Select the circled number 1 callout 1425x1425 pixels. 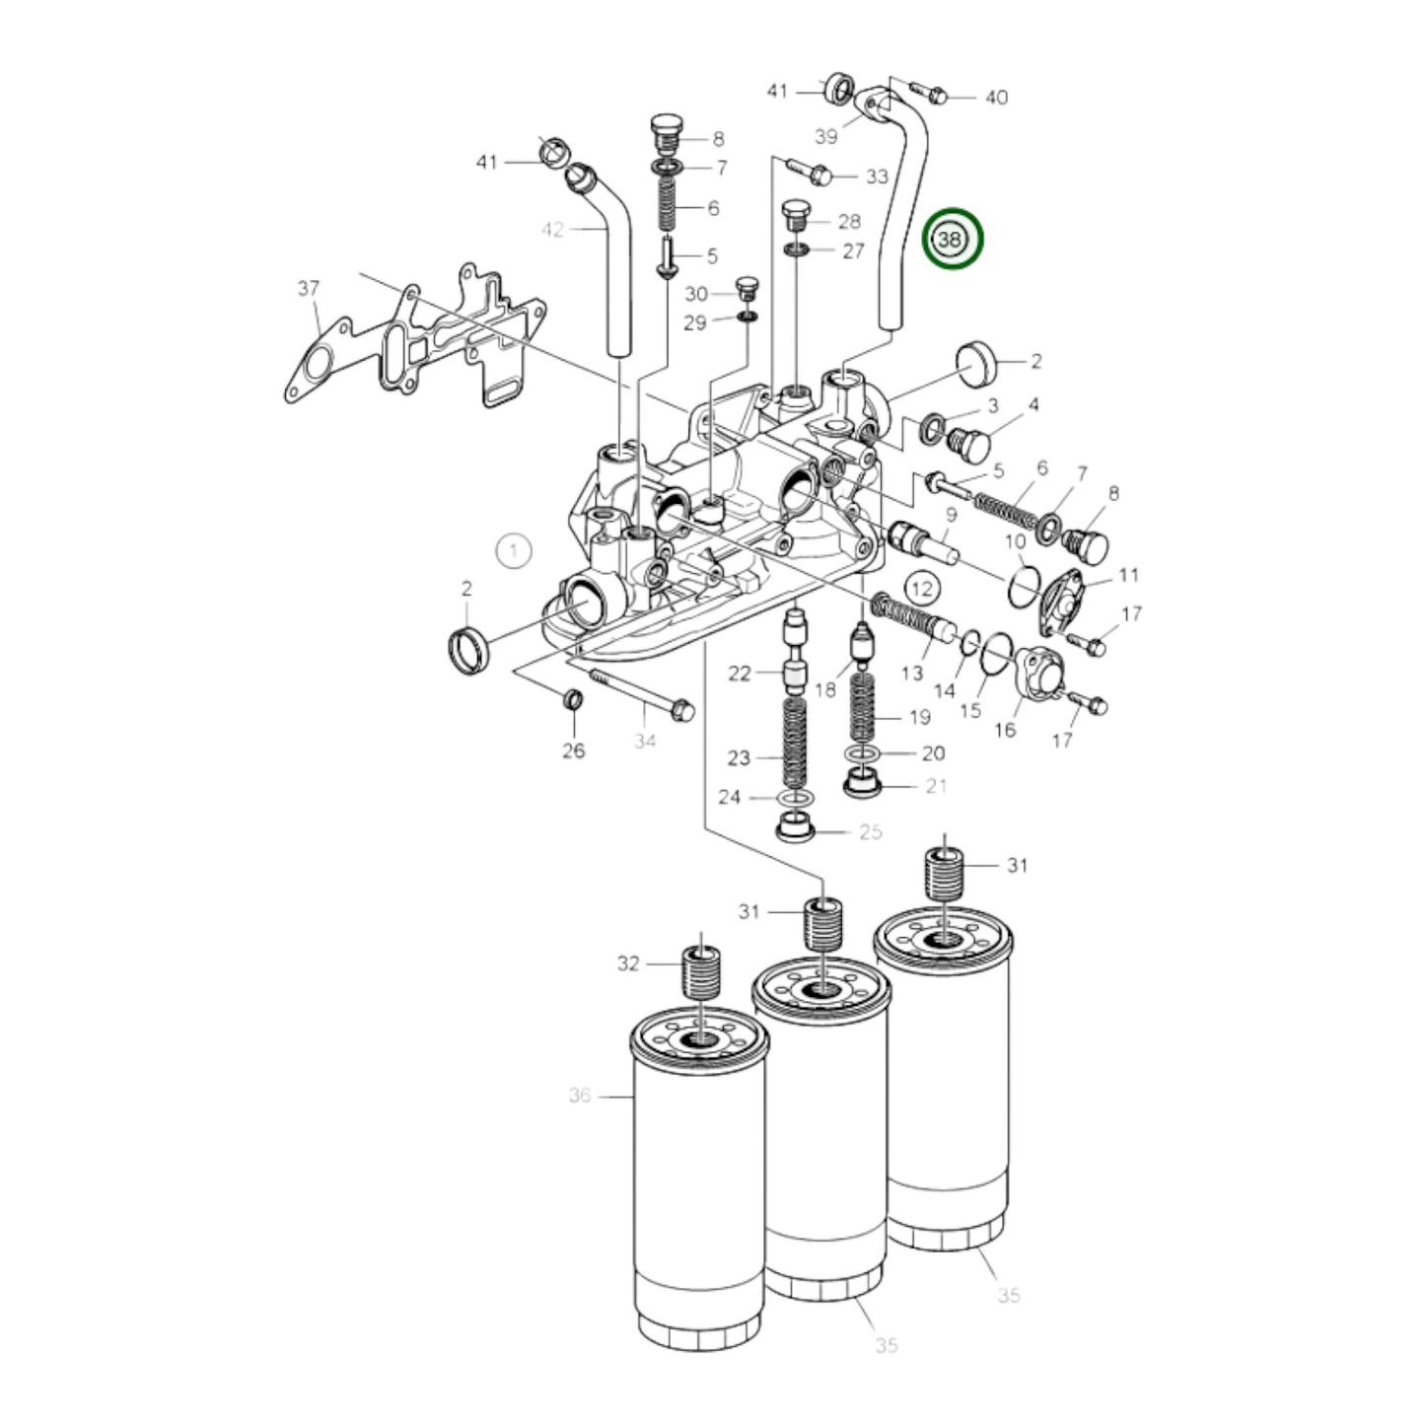coord(514,550)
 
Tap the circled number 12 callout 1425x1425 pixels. coord(921,590)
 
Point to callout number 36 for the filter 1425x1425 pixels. coord(580,1095)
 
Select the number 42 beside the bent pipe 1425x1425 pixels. coord(553,230)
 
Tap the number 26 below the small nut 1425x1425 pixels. coord(574,750)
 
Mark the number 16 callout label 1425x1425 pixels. coord(1005,731)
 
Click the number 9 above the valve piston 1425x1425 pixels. coord(951,515)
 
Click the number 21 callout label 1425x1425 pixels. coord(935,785)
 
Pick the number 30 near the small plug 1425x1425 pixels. coord(696,294)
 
